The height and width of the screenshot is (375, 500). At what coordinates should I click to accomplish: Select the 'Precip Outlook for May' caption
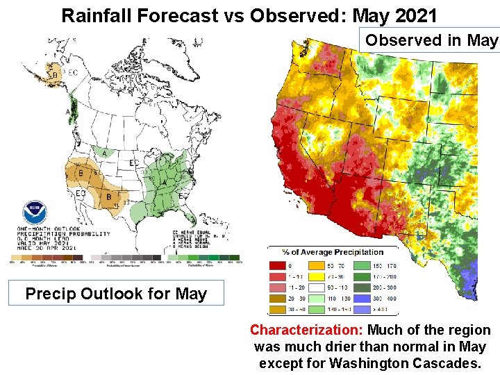116,294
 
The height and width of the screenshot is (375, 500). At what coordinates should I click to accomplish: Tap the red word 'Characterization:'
306,331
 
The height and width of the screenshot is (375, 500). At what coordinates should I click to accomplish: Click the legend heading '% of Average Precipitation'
333,251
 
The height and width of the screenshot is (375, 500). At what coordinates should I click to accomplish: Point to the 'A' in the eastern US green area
164,181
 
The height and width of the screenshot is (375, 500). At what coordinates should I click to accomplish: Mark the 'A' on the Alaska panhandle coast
68,111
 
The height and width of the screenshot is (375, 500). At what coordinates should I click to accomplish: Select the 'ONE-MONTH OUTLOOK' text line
50,229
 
